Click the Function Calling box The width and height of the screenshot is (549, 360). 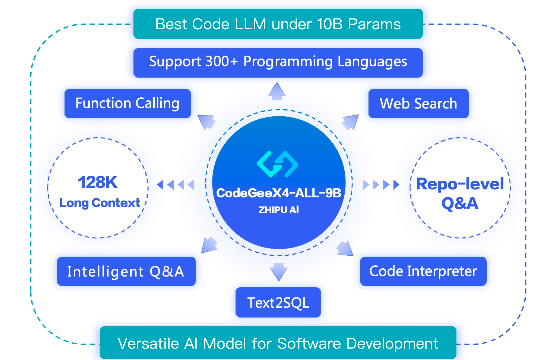tap(127, 104)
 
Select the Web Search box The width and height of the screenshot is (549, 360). tap(418, 104)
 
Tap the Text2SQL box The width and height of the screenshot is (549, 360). tap(278, 302)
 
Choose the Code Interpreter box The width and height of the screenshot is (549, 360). tap(423, 271)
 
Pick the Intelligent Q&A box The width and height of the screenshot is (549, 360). tap(126, 271)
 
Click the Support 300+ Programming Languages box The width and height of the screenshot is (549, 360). tap(278, 62)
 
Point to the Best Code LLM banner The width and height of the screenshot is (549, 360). tap(278, 24)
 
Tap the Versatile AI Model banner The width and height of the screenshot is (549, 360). tap(278, 343)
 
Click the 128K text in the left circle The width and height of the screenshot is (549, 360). tap(98, 182)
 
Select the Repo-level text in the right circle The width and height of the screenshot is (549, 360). tap(460, 184)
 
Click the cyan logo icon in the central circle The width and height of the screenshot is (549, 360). tap(278, 163)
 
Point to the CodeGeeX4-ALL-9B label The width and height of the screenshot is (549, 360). tap(278, 193)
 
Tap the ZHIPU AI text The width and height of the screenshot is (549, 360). tap(278, 210)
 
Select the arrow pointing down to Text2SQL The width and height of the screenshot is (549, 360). tap(278, 272)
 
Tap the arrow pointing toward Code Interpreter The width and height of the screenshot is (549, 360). tap(344, 248)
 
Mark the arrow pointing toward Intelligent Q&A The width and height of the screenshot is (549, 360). tap(209, 245)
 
